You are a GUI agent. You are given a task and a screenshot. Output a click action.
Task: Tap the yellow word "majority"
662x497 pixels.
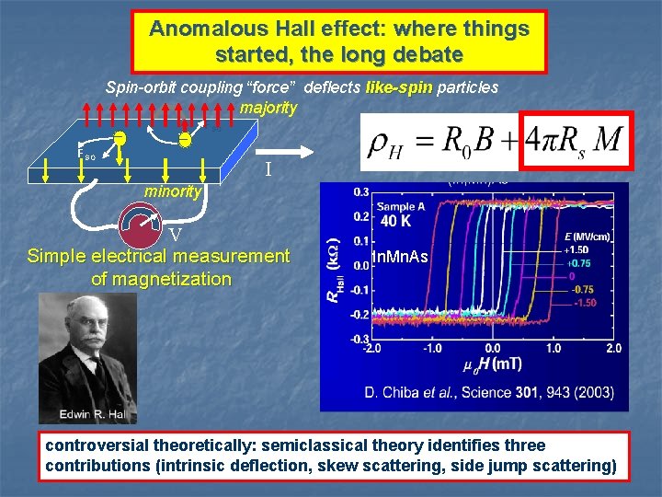click(268, 108)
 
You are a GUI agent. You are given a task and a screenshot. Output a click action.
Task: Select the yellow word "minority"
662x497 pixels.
click(172, 192)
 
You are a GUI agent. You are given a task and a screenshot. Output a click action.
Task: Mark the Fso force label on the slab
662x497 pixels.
click(88, 156)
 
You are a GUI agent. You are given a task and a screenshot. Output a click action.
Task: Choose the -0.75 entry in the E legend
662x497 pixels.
click(584, 288)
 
